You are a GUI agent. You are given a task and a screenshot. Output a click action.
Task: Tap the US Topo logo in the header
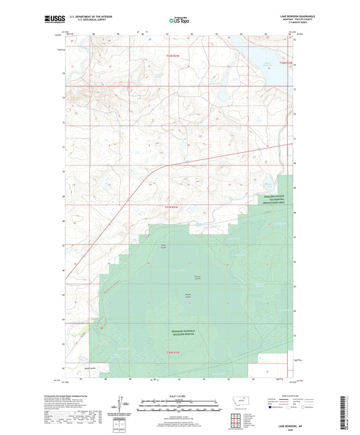coord(179,21)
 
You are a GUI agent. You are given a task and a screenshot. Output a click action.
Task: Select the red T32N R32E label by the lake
coord(284,63)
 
